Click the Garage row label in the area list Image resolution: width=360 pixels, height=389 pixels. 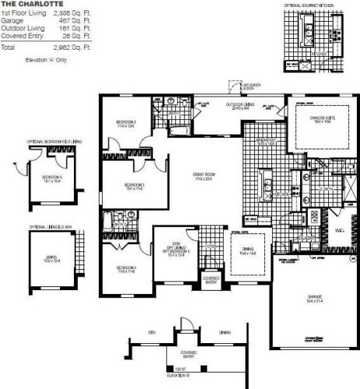click(11, 22)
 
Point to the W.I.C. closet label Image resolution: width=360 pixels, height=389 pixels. click(340, 231)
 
